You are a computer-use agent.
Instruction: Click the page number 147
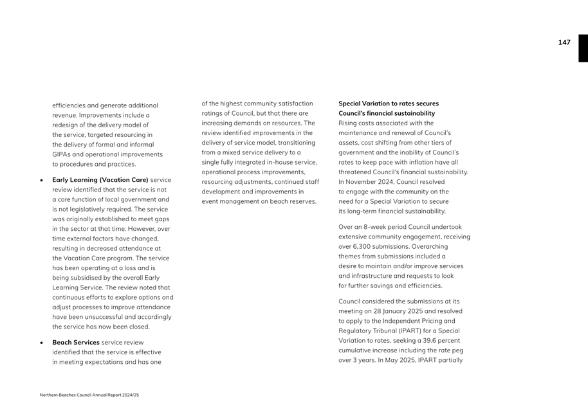click(x=564, y=42)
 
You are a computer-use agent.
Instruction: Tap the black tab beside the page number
click(x=582, y=48)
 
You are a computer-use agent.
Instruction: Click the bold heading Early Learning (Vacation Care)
click(x=100, y=181)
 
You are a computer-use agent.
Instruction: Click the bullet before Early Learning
click(x=42, y=181)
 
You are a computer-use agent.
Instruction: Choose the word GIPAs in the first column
click(x=62, y=154)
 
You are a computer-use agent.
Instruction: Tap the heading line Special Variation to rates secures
click(x=389, y=104)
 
